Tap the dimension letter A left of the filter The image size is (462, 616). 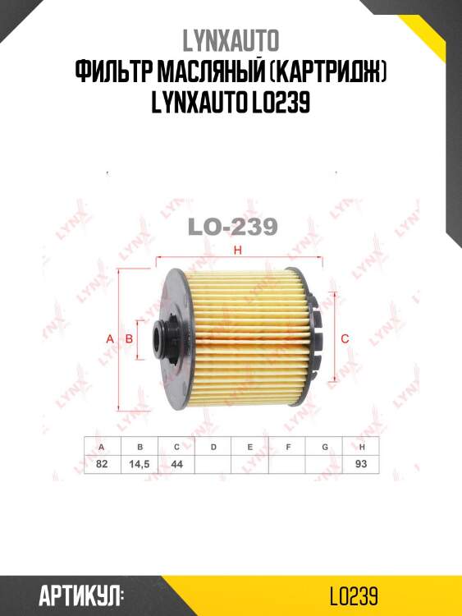pos(110,338)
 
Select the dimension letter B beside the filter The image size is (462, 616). pos(129,338)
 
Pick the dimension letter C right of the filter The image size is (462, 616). pos(345,338)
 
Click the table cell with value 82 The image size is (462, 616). pos(103,464)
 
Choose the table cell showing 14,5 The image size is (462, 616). pos(140,464)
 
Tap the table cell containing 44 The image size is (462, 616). pos(176,464)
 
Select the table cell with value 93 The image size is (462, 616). pos(361,464)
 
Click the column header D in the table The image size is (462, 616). pos(213,446)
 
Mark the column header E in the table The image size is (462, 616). pos(250,446)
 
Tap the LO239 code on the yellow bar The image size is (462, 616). pos(352,595)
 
